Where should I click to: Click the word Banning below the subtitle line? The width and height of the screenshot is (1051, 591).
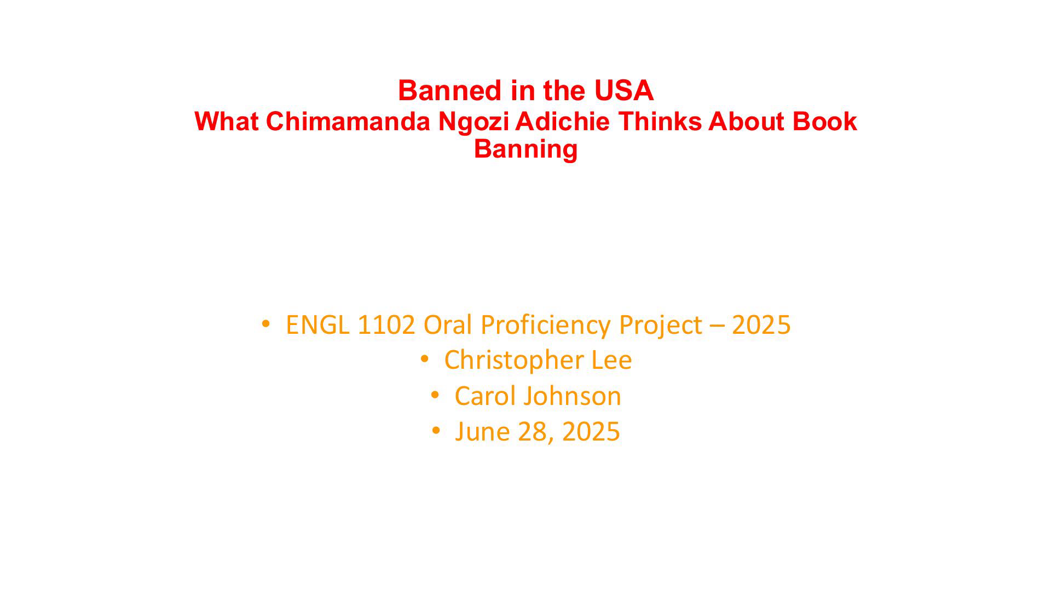click(525, 150)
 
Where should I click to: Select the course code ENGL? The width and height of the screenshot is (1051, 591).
click(317, 325)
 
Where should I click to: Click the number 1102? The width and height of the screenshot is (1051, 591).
click(386, 325)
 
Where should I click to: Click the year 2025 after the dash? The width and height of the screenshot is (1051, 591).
click(761, 325)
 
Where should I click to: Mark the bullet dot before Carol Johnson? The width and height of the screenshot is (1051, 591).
click(435, 395)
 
